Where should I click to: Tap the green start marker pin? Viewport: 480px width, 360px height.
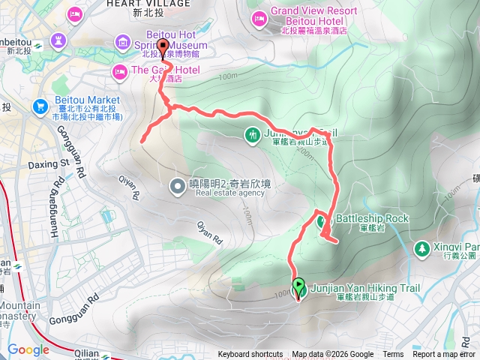pyautogui.click(x=298, y=286)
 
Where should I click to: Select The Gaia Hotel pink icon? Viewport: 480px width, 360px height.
pyautogui.click(x=118, y=71)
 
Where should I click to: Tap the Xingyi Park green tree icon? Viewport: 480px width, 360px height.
pyautogui.click(x=422, y=247)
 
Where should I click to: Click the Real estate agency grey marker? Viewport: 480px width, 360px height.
pyautogui.click(x=177, y=184)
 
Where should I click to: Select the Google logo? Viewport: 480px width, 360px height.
pyautogui.click(x=28, y=349)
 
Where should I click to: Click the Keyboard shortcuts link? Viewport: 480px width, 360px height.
pyautogui.click(x=250, y=355)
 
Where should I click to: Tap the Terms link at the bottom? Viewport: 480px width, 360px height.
pyautogui.click(x=393, y=355)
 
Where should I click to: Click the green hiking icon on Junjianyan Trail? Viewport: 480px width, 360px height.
pyautogui.click(x=253, y=134)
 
